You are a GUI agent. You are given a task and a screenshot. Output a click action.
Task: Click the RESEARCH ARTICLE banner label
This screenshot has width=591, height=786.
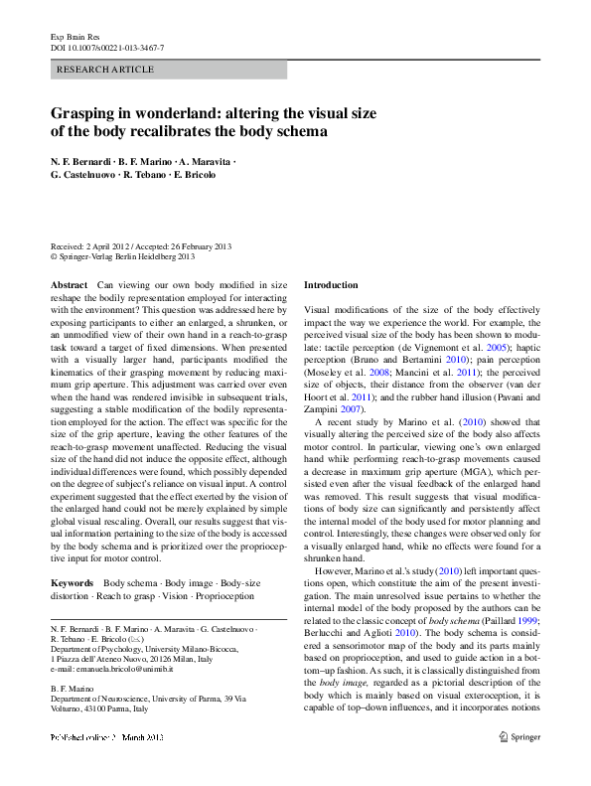(106, 70)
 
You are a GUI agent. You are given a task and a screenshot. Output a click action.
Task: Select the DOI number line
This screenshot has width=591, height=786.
(107, 48)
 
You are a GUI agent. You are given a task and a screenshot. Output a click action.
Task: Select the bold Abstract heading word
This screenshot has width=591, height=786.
(69, 285)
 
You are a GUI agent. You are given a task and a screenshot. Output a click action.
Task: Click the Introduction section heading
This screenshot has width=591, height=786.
(331, 285)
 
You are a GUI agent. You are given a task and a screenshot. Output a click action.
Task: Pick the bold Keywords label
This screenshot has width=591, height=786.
(72, 581)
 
